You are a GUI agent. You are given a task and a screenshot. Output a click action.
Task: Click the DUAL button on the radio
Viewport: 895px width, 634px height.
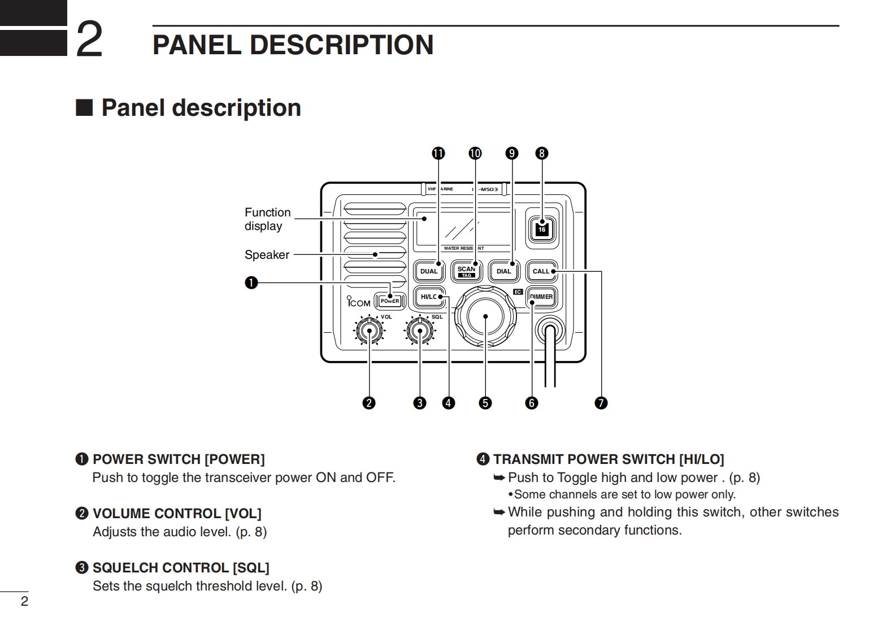(429, 271)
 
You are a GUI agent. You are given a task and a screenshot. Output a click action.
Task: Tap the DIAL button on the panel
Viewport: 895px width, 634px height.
(503, 271)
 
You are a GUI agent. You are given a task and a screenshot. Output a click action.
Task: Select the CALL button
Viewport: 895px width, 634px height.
(541, 271)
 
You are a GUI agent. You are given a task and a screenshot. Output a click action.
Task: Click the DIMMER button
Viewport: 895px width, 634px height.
(541, 297)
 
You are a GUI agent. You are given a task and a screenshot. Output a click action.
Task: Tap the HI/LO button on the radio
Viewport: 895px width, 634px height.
(429, 297)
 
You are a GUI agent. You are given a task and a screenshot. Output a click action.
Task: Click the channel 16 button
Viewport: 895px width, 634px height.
(542, 228)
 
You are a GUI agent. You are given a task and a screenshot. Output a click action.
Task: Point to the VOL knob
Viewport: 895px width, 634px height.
(370, 331)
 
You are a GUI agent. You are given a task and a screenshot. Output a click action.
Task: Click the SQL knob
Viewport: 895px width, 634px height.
(420, 331)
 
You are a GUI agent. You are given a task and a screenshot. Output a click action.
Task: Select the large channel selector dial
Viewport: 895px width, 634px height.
(485, 317)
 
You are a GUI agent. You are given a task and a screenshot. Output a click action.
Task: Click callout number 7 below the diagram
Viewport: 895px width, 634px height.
(601, 403)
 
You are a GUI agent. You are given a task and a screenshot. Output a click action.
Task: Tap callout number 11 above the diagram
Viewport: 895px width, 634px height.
(438, 153)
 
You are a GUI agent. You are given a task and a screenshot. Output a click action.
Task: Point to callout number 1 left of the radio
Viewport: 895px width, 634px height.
(251, 283)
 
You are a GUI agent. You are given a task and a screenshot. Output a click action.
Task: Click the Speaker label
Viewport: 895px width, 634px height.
(267, 255)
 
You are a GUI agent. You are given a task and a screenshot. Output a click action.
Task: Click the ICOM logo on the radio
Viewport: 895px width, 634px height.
(359, 302)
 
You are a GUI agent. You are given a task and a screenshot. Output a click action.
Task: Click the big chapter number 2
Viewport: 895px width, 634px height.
(89, 40)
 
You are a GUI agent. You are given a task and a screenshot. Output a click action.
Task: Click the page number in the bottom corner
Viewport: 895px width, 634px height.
(24, 601)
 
